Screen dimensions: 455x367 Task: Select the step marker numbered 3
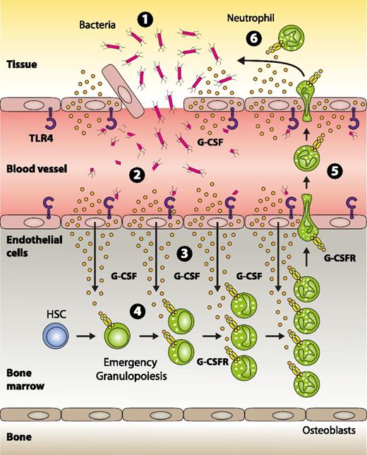tap(183, 252)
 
